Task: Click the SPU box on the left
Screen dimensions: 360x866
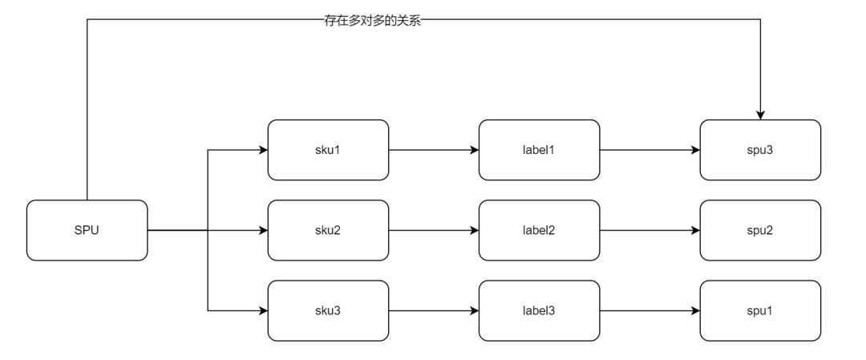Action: [x=87, y=230]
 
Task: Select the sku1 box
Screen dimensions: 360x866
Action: [x=328, y=150]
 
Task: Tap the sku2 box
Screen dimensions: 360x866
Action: [x=328, y=230]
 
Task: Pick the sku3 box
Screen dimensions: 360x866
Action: [x=328, y=310]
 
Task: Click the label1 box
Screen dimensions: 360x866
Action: [x=539, y=150]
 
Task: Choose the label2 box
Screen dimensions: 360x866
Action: [x=539, y=230]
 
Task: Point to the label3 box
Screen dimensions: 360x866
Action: [x=539, y=310]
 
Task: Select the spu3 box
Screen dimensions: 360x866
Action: [x=760, y=150]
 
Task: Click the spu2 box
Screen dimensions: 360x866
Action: [x=760, y=230]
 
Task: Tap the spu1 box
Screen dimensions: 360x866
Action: [x=760, y=310]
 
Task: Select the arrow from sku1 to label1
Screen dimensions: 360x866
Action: [x=433, y=150]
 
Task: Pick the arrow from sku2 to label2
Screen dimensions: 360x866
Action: [x=433, y=230]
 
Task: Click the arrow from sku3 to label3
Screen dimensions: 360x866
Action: [x=433, y=310]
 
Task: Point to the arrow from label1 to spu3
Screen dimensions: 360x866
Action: [x=649, y=150]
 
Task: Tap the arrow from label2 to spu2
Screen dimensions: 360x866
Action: [x=649, y=230]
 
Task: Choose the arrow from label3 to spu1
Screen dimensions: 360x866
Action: [x=649, y=310]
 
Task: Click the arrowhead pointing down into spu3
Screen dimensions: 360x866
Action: [x=760, y=115]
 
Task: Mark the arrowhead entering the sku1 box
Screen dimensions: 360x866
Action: [x=262, y=150]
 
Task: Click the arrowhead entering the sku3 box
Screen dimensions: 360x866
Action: [x=262, y=310]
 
